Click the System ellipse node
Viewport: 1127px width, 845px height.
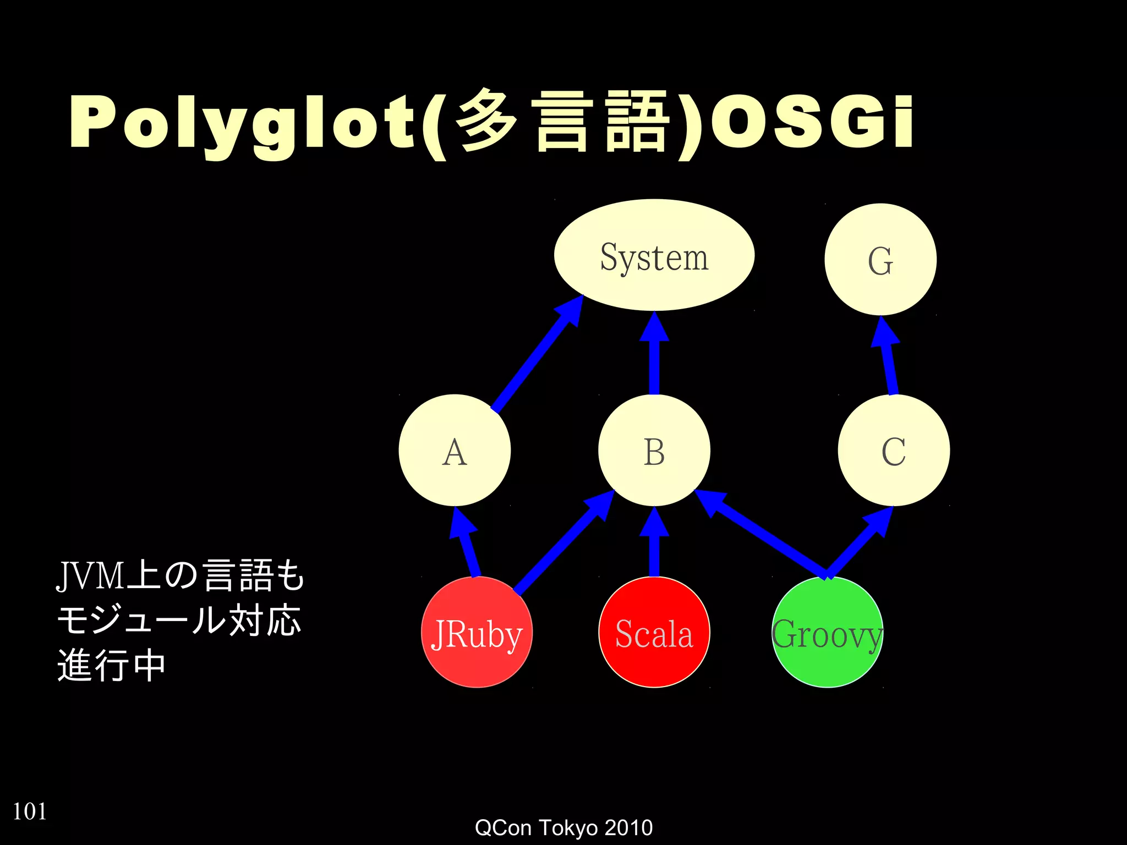654,255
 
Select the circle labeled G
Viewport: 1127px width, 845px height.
880,260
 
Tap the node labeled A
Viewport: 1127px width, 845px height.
455,451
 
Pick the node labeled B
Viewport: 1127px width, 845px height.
654,451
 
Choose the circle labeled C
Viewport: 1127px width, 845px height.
894,451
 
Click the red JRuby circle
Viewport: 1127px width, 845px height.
477,633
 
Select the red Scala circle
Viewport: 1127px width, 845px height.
654,633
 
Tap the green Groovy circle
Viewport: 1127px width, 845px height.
827,633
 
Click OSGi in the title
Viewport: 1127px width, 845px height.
812,122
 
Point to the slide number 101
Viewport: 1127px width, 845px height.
30,811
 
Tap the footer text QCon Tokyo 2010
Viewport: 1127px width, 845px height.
563,827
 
